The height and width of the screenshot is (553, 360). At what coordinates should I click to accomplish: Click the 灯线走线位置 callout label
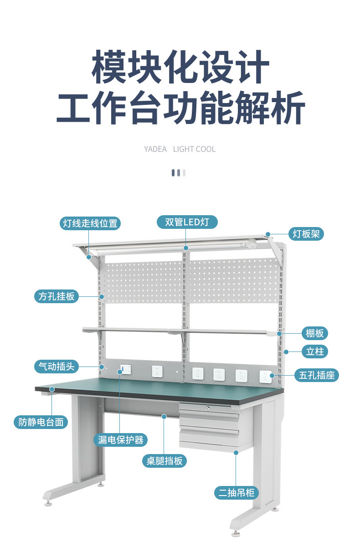click(x=90, y=223)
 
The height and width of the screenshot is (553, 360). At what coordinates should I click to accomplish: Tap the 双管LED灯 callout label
click(x=186, y=222)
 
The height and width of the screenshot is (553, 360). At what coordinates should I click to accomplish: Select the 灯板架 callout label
click(x=306, y=234)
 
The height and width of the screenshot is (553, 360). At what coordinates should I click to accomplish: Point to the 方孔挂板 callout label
click(x=56, y=296)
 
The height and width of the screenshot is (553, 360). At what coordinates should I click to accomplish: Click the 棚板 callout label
click(x=314, y=333)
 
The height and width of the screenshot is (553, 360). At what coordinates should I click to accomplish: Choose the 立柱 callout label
click(x=315, y=351)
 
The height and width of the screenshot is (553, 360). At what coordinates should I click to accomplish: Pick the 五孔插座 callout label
click(x=317, y=375)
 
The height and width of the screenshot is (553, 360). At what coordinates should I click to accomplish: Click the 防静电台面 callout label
click(x=41, y=422)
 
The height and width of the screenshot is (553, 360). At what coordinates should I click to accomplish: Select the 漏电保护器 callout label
click(x=121, y=440)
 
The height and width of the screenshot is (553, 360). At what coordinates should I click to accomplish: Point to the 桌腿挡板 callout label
click(x=164, y=461)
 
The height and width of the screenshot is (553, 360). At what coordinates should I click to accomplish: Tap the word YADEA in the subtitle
click(x=155, y=149)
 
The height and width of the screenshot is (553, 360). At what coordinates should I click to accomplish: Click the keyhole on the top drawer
click(x=209, y=409)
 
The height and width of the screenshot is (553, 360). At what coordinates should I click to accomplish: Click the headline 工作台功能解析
click(x=180, y=108)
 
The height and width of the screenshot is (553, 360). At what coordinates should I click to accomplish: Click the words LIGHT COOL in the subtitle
click(x=194, y=149)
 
